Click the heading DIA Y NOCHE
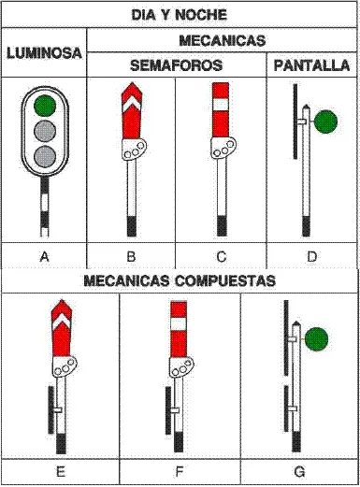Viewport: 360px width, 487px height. click(180, 15)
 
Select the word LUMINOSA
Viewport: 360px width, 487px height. click(44, 53)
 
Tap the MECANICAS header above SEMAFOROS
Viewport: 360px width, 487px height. click(222, 40)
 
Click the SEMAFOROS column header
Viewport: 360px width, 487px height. click(177, 65)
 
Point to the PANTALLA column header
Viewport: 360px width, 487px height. click(311, 65)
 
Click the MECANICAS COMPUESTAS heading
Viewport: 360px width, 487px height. click(180, 279)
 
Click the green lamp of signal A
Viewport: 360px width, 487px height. click(43, 105)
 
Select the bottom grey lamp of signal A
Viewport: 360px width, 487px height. click(43, 154)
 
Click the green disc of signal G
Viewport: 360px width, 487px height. click(316, 340)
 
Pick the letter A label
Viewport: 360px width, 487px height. click(44, 256)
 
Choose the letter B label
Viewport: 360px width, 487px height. click(131, 256)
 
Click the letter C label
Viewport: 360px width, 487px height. click(221, 256)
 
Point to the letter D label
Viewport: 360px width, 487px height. click(311, 256)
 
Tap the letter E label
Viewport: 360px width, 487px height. click(61, 472)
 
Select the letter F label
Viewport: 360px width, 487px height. click(180, 472)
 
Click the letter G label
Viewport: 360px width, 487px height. click(299, 472)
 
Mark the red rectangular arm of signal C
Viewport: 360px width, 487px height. click(221, 110)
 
